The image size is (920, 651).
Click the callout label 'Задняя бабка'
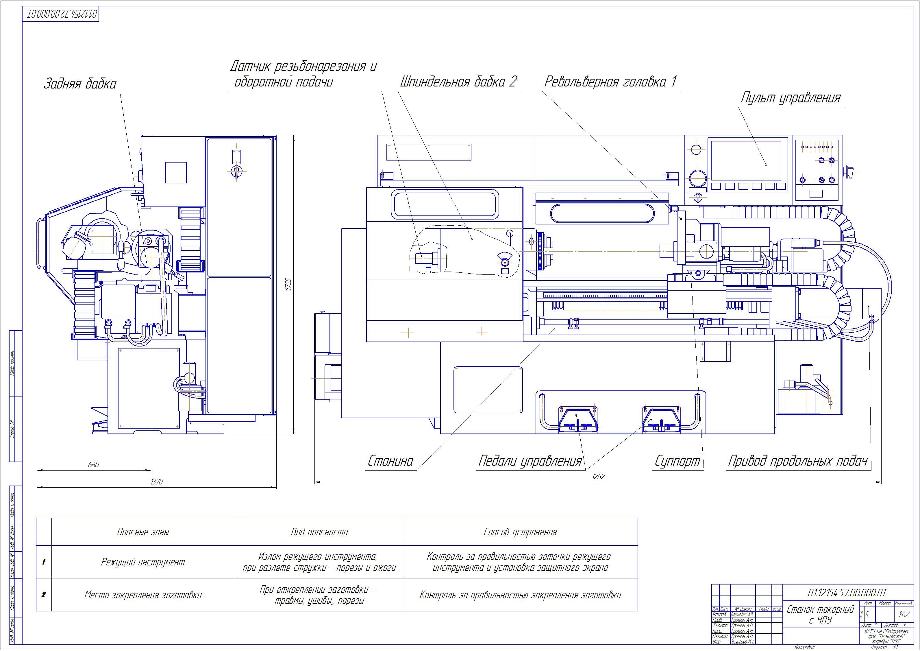pyautogui.click(x=80, y=84)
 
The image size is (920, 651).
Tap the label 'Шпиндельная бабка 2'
pyautogui.click(x=458, y=82)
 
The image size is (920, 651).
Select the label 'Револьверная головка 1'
pyautogui.click(x=610, y=82)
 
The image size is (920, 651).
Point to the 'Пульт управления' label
pyautogui.click(x=790, y=98)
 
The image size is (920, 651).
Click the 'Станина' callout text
pyautogui.click(x=390, y=461)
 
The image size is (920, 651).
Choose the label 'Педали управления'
pyautogui.click(x=530, y=461)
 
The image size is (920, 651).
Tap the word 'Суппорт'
pyautogui.click(x=677, y=461)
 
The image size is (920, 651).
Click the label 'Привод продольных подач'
pyautogui.click(x=797, y=461)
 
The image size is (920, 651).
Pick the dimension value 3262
pyautogui.click(x=597, y=477)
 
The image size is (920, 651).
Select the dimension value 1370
pyautogui.click(x=156, y=482)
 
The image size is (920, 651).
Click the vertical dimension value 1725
pyautogui.click(x=288, y=284)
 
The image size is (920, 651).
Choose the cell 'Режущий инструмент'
pyautogui.click(x=143, y=562)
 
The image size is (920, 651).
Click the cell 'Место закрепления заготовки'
pyautogui.click(x=143, y=595)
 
